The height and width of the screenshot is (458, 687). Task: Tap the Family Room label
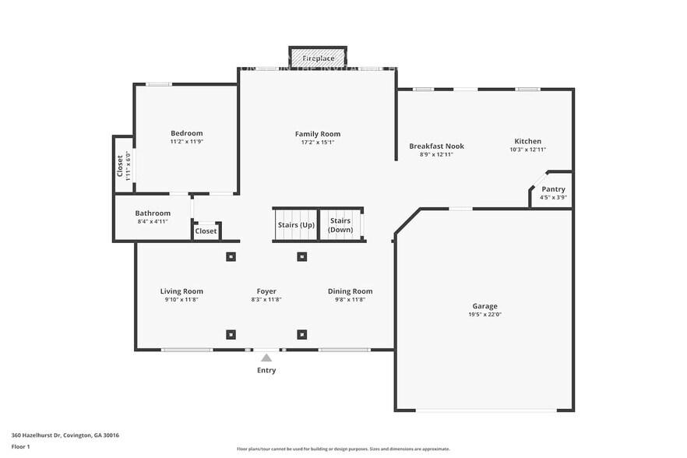(318, 134)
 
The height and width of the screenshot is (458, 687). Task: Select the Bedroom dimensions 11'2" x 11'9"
(186, 142)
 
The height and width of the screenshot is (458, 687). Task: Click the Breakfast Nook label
(436, 146)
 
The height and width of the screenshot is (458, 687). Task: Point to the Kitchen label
(527, 141)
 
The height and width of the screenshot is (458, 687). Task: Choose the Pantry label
(553, 189)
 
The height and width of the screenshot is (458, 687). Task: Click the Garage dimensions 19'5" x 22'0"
(484, 315)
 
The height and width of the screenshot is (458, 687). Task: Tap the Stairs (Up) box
(295, 225)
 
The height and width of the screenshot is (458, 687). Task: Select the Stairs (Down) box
(340, 225)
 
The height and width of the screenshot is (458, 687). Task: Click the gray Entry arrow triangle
(266, 358)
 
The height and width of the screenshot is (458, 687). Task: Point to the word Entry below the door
(266, 371)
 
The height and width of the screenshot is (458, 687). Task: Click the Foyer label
(266, 291)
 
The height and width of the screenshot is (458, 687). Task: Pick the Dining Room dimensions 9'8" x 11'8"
(350, 300)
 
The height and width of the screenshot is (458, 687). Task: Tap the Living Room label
(181, 291)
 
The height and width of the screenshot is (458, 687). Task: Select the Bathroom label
(153, 213)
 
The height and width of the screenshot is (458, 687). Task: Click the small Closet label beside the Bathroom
(206, 231)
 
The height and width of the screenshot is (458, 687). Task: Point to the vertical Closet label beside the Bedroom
(120, 165)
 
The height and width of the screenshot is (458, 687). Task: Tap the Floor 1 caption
(20, 447)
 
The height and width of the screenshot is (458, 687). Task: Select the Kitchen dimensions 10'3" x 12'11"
(527, 150)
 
